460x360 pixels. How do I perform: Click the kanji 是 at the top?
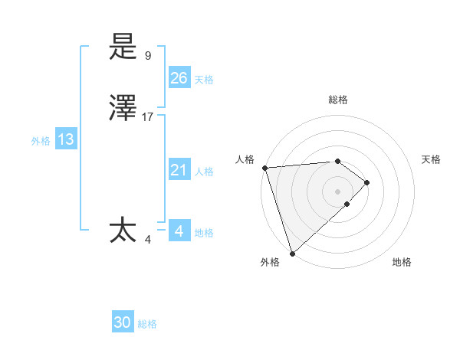point(123,47)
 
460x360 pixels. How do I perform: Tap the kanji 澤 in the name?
point(123,110)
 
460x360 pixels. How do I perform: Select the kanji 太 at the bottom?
point(123,230)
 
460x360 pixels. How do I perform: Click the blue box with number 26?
point(179,77)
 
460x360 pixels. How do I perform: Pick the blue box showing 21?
point(179,170)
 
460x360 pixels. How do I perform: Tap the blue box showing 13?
point(65,139)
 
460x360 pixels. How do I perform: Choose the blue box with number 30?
point(123,322)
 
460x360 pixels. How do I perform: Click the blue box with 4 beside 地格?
point(179,231)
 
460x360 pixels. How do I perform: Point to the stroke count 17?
point(148,117)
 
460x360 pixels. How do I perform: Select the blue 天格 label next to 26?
point(204,79)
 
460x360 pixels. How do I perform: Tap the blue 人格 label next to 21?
point(204,172)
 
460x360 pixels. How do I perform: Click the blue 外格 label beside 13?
point(41,141)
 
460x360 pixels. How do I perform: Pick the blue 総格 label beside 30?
point(148,324)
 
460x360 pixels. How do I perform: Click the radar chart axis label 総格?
point(338,100)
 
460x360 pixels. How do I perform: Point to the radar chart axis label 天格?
point(432,159)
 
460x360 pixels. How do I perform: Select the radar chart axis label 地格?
point(402,262)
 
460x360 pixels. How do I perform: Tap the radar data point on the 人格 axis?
point(264,168)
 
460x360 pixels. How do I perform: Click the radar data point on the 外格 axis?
point(292,252)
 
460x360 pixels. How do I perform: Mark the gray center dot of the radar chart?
point(338,191)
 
